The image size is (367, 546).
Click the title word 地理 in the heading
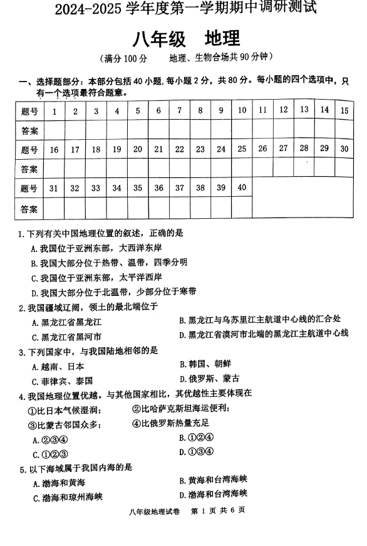pyautogui.click(x=222, y=39)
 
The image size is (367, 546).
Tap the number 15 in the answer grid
pyautogui.click(x=344, y=110)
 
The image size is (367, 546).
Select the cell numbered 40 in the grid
pyautogui.click(x=242, y=187)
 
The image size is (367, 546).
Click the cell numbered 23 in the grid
pyautogui.click(x=200, y=149)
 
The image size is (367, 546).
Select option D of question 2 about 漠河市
pyautogui.click(x=263, y=334)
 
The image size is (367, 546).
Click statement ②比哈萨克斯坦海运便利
pyautogui.click(x=181, y=409)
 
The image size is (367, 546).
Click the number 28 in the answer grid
pyautogui.click(x=304, y=148)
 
